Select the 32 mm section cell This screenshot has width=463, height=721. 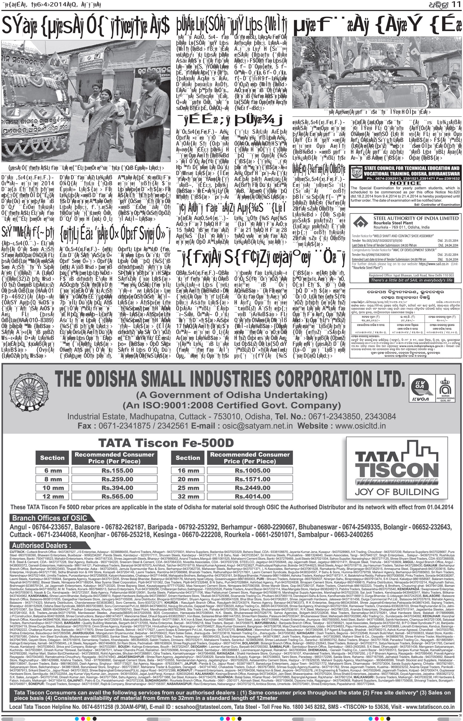[188, 496]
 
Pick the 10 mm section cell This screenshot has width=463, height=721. [52, 488]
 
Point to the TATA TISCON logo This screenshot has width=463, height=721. [397, 470]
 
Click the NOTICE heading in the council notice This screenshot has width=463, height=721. [405, 183]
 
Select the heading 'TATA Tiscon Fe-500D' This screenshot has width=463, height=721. [166, 443]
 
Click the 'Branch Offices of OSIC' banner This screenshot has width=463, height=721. [50, 518]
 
